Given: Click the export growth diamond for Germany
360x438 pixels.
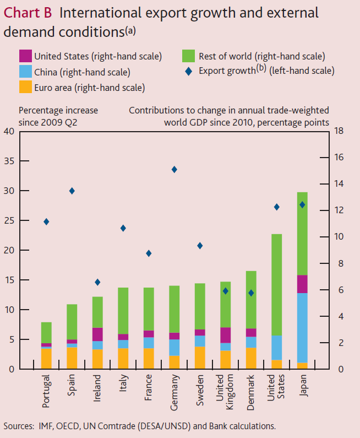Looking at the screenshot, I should (174, 170).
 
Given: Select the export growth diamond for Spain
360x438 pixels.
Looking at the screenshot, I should (72, 191).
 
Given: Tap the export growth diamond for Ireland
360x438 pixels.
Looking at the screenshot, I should (97, 282).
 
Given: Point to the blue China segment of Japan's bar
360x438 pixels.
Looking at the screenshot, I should (302, 328).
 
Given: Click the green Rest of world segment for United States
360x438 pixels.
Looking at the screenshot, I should (276, 285).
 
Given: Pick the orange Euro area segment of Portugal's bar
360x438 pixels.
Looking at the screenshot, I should (46, 359).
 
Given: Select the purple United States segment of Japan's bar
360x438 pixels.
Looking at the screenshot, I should (302, 284).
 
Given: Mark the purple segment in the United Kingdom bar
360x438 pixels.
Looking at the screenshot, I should (225, 335).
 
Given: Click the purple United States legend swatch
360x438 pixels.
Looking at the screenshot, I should (25, 56).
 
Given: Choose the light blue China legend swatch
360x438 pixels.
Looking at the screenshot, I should (25, 72).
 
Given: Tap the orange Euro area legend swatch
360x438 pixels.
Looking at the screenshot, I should (25, 87).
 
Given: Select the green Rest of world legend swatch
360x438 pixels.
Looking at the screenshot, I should (189, 56).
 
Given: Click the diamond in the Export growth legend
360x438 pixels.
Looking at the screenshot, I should (189, 71).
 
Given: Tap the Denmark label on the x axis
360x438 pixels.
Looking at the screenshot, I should (251, 391).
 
